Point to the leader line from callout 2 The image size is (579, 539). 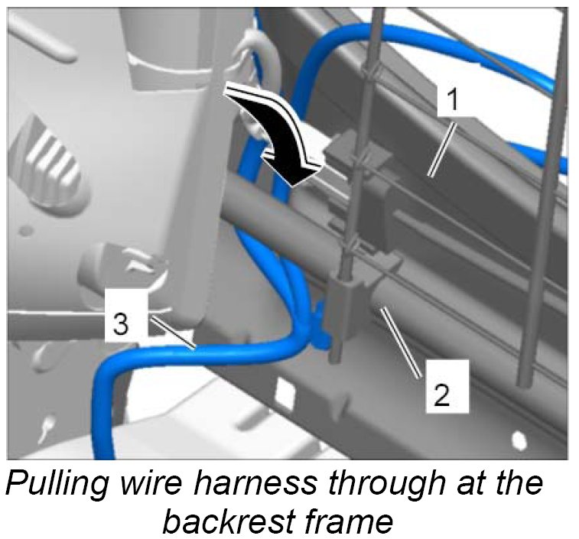tap(402, 343)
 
